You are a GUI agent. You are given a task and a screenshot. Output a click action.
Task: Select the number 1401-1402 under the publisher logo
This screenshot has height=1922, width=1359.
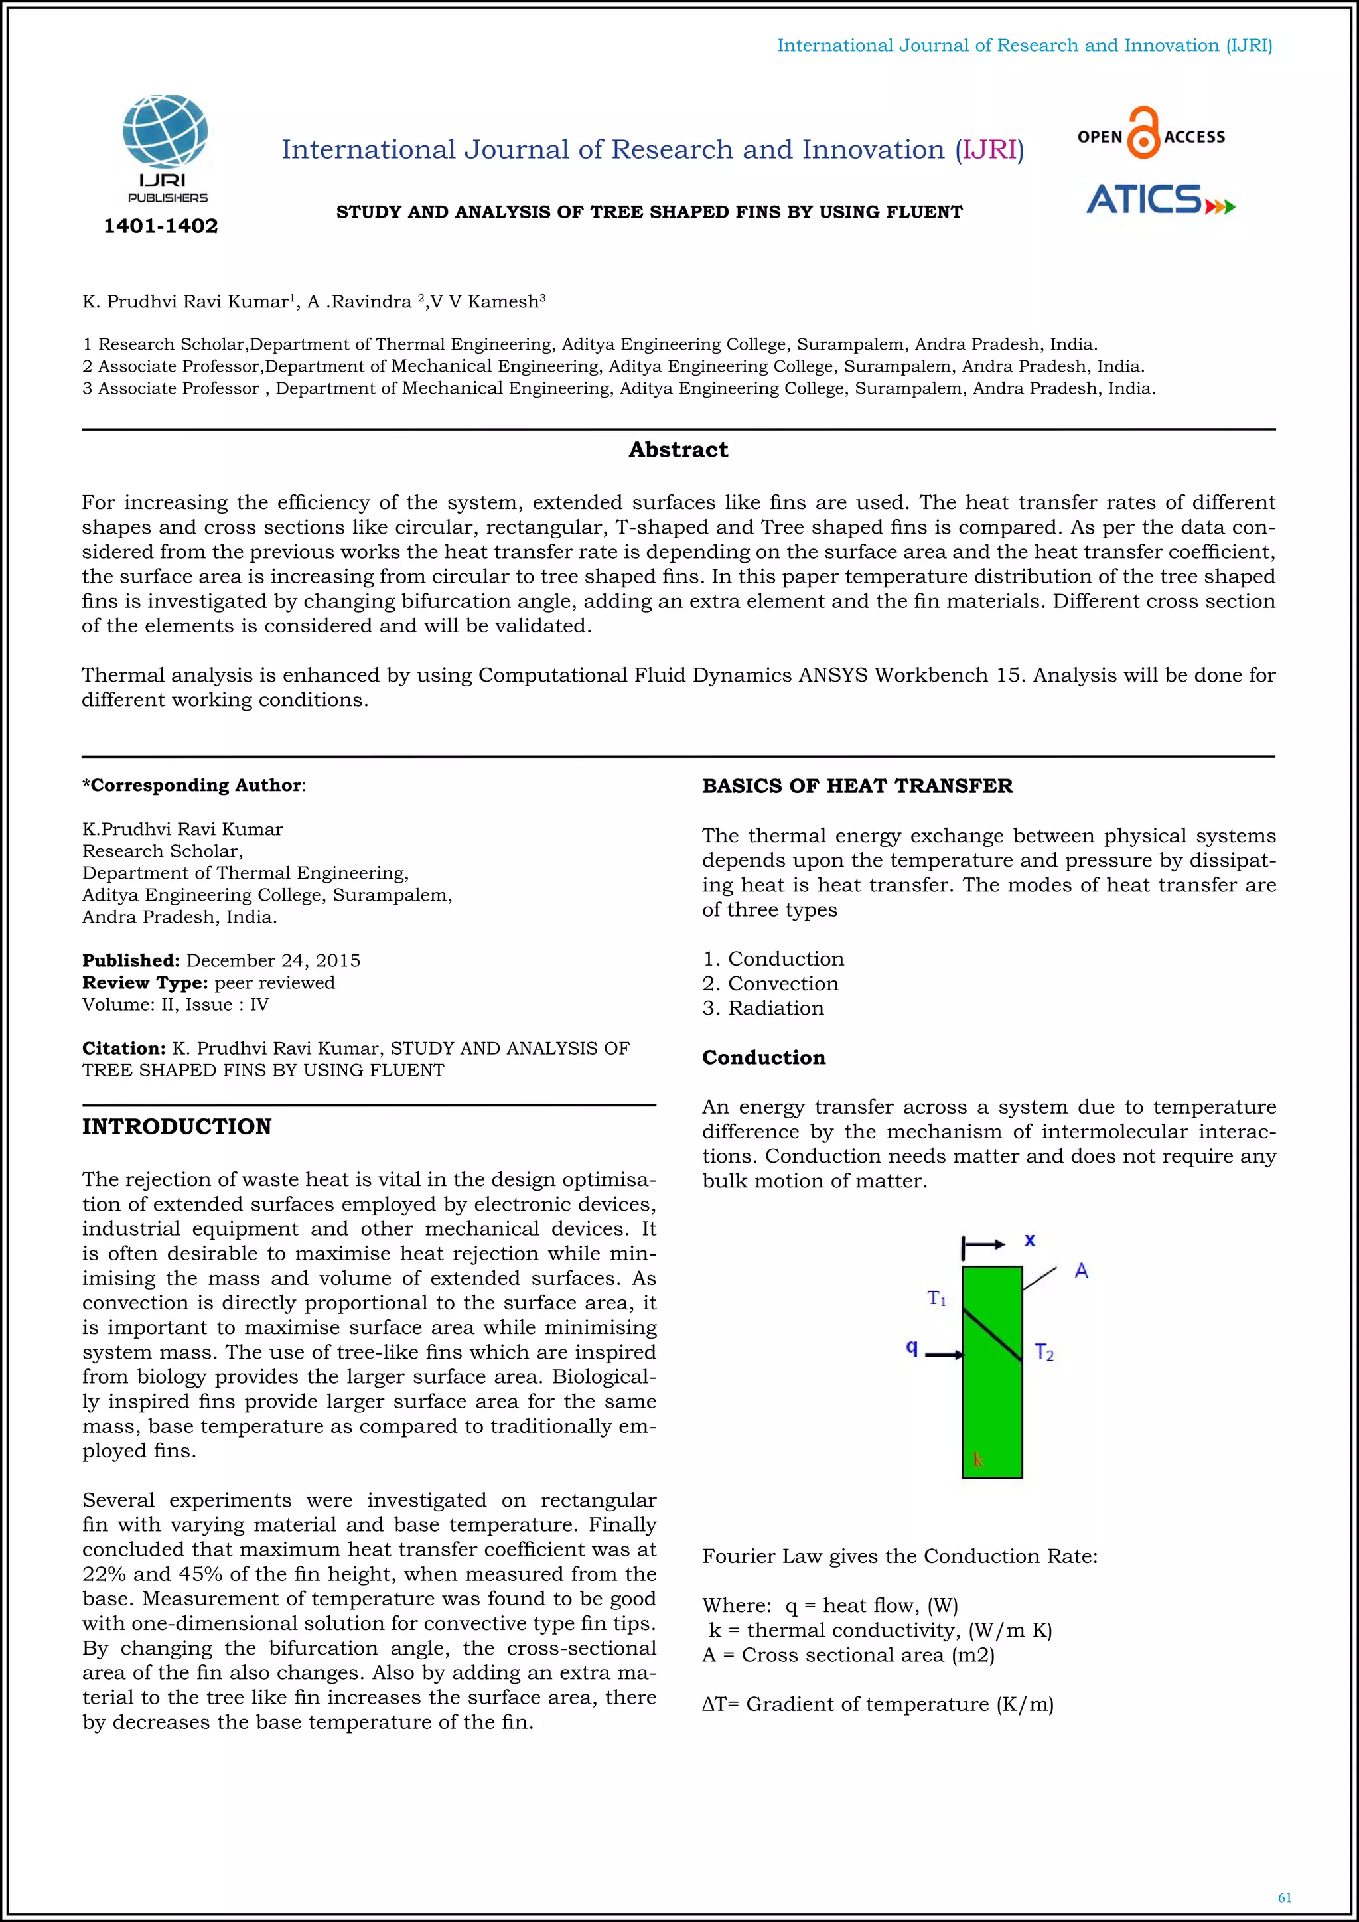coord(161,226)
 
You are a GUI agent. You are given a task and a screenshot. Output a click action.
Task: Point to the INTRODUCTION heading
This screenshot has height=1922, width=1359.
coord(177,1127)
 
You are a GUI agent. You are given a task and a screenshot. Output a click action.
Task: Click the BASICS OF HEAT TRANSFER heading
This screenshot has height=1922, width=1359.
coord(857,786)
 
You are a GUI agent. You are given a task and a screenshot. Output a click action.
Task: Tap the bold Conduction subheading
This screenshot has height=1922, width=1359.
coord(763,1057)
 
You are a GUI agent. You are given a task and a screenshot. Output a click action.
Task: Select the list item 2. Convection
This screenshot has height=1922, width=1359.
coord(770,984)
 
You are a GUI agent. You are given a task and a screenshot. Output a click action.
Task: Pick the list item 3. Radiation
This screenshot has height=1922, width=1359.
coord(762,1008)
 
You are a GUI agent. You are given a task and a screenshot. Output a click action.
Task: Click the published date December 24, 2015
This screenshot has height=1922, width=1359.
coord(273,960)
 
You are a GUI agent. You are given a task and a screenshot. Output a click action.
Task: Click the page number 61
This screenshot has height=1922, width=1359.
coord(1285,1897)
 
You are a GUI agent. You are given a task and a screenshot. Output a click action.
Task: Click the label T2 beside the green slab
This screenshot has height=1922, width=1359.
coord(1044,1352)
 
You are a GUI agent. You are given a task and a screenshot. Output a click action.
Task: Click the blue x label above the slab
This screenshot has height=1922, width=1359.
coord(1030,1240)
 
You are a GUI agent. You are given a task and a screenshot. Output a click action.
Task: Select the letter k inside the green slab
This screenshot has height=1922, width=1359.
coord(977,1460)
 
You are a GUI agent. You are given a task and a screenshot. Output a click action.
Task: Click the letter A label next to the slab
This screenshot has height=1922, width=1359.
coord(1081,1271)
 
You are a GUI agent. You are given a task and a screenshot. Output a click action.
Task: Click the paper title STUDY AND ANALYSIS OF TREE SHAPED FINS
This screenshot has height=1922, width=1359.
coord(648,212)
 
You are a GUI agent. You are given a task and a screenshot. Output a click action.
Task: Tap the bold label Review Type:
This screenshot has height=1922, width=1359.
coord(145,983)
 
